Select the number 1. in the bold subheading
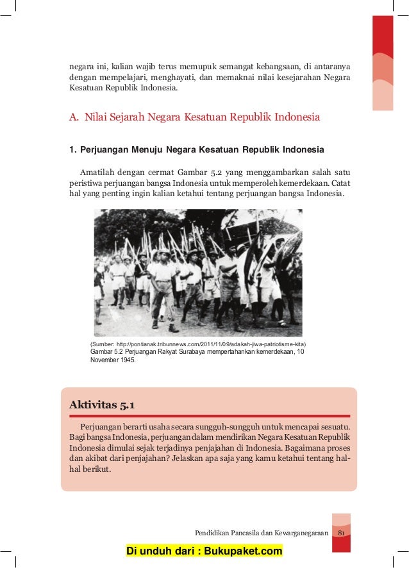pos(72,150)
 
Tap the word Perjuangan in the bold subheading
pos(106,150)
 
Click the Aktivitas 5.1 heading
pos(101,405)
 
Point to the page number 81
pos(342,533)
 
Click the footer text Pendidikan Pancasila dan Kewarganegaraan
pos(262,533)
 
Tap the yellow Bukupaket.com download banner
pos(204,551)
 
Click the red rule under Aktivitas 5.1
pos(209,416)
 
